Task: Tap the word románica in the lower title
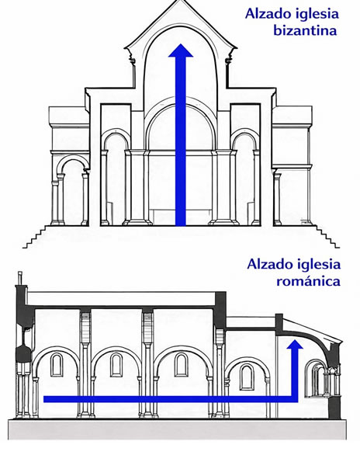coord(308,281)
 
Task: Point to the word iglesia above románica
coord(320,264)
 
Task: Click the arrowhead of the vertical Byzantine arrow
coord(181,53)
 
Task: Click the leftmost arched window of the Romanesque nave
coord(57,364)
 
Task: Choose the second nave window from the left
coord(116,364)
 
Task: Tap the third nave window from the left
coord(181,364)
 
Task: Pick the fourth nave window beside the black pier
coord(246,376)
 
